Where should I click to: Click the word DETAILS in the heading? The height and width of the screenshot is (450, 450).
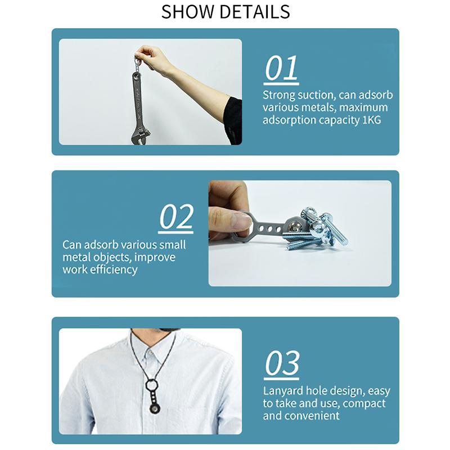tap(255, 12)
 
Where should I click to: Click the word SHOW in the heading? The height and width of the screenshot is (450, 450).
tap(188, 12)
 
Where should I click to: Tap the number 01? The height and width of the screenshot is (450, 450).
tap(281, 68)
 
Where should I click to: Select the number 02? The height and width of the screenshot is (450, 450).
tap(176, 217)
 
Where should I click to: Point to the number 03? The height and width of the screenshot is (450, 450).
tap(282, 363)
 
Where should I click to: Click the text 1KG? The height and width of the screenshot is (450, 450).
tap(372, 120)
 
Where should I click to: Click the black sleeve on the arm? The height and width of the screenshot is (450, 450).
tap(232, 120)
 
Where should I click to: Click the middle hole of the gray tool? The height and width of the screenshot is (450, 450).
tap(270, 229)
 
